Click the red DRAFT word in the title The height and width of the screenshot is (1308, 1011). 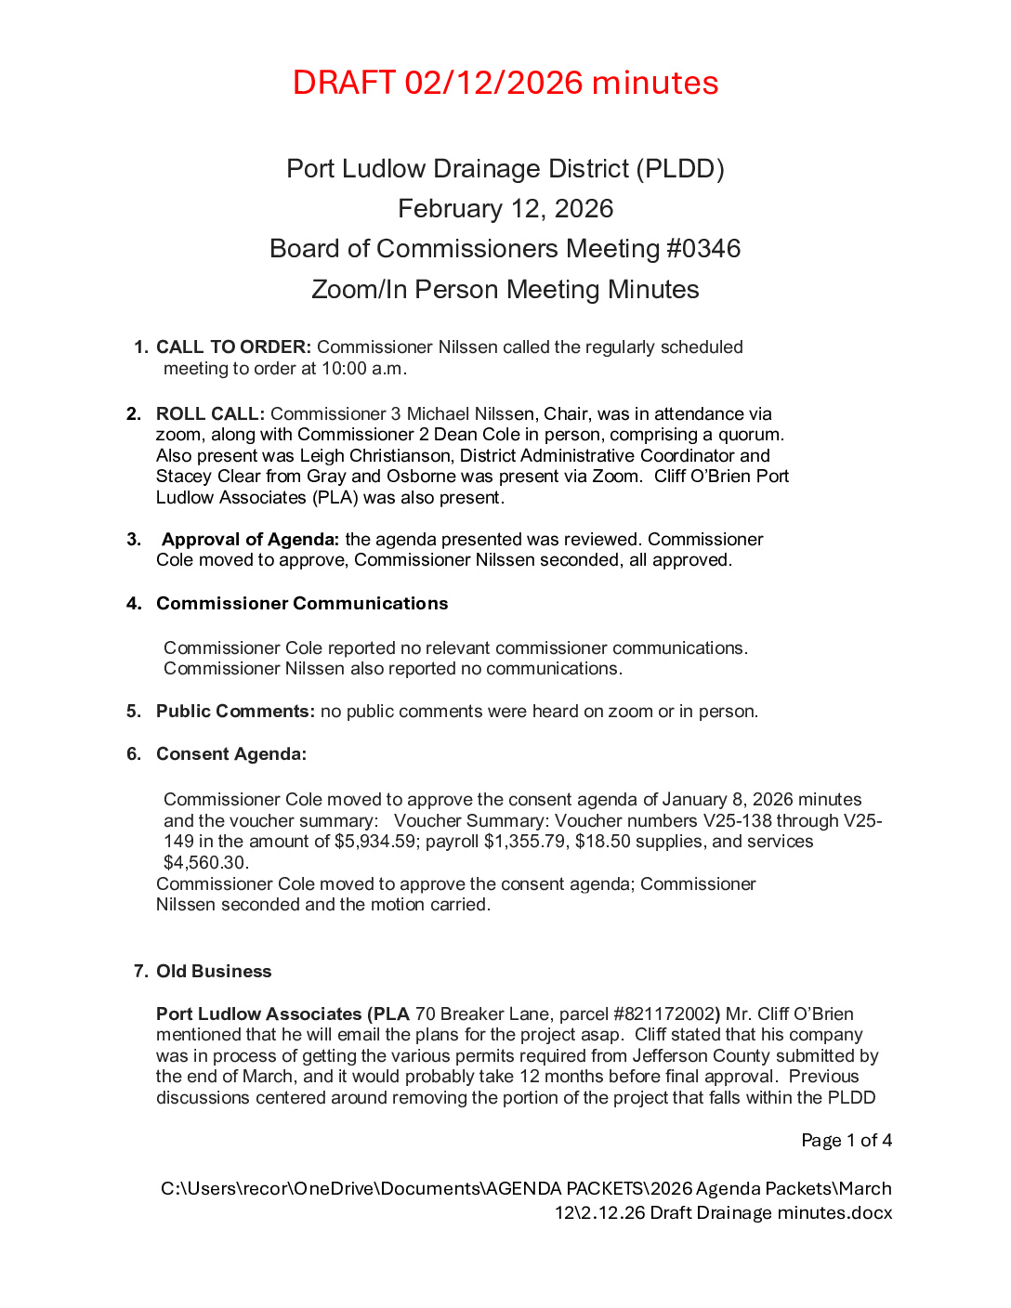coord(344,83)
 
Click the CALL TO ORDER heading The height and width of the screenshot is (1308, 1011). coord(233,347)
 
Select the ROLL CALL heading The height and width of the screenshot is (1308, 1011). coord(210,414)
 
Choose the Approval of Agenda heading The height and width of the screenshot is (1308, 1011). coord(250,540)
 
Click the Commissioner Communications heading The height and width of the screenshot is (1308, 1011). coord(302,604)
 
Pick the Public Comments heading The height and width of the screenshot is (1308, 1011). coord(235,712)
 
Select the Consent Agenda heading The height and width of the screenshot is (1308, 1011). coord(231,754)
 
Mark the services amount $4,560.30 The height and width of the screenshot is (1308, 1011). coord(204,863)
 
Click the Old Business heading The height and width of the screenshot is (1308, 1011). coord(214,972)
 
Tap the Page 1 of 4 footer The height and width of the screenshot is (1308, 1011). coord(847,1141)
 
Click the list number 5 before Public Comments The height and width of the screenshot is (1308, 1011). coord(134,712)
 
